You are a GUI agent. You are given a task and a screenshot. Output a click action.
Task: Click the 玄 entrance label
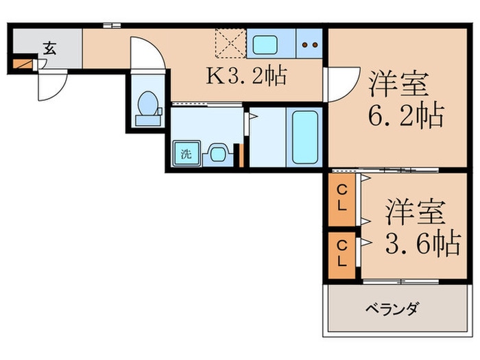49,49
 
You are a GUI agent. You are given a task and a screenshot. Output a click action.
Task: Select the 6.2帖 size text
407,115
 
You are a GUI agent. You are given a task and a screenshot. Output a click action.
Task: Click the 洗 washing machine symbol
186,153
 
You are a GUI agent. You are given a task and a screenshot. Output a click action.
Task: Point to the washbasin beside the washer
218,153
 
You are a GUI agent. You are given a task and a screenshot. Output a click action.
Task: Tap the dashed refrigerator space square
230,44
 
